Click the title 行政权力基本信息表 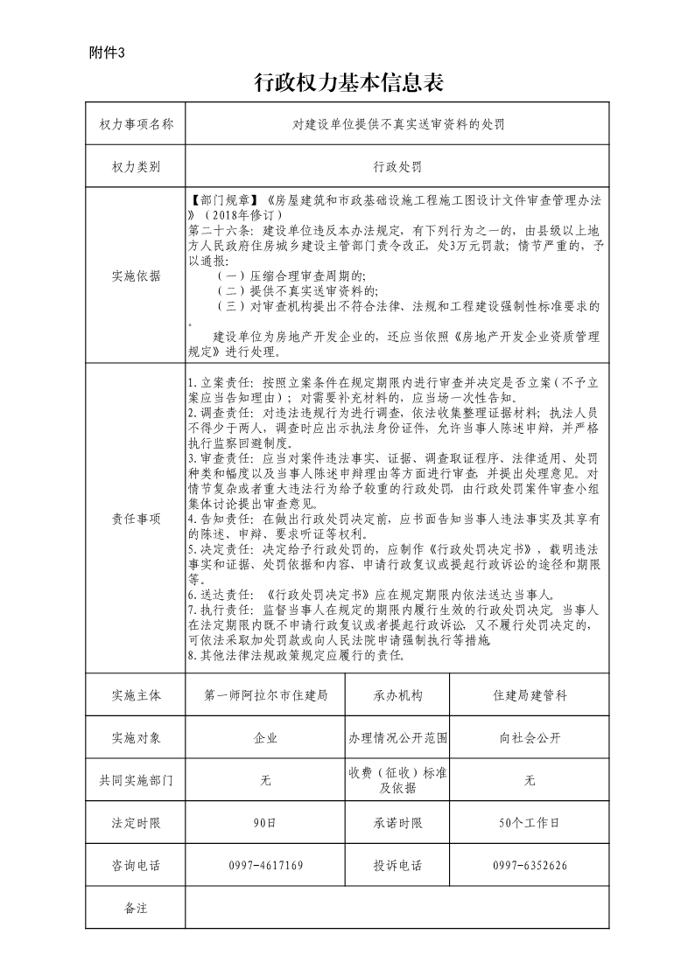[x=349, y=83]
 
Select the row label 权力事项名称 [x=137, y=124]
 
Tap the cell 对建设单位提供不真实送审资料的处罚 [x=397, y=124]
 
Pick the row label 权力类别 [x=137, y=166]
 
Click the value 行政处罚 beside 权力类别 [x=397, y=166]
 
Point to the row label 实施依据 [x=137, y=275]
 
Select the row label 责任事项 [x=137, y=519]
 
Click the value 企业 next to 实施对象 [x=265, y=738]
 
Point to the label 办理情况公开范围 [x=397, y=738]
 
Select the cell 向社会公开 [x=529, y=738]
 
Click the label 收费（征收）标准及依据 [x=397, y=780]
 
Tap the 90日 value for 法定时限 [x=265, y=823]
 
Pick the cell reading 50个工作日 [x=529, y=823]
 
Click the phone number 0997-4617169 [x=265, y=866]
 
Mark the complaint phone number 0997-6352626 [x=529, y=866]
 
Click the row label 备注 [x=137, y=908]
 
